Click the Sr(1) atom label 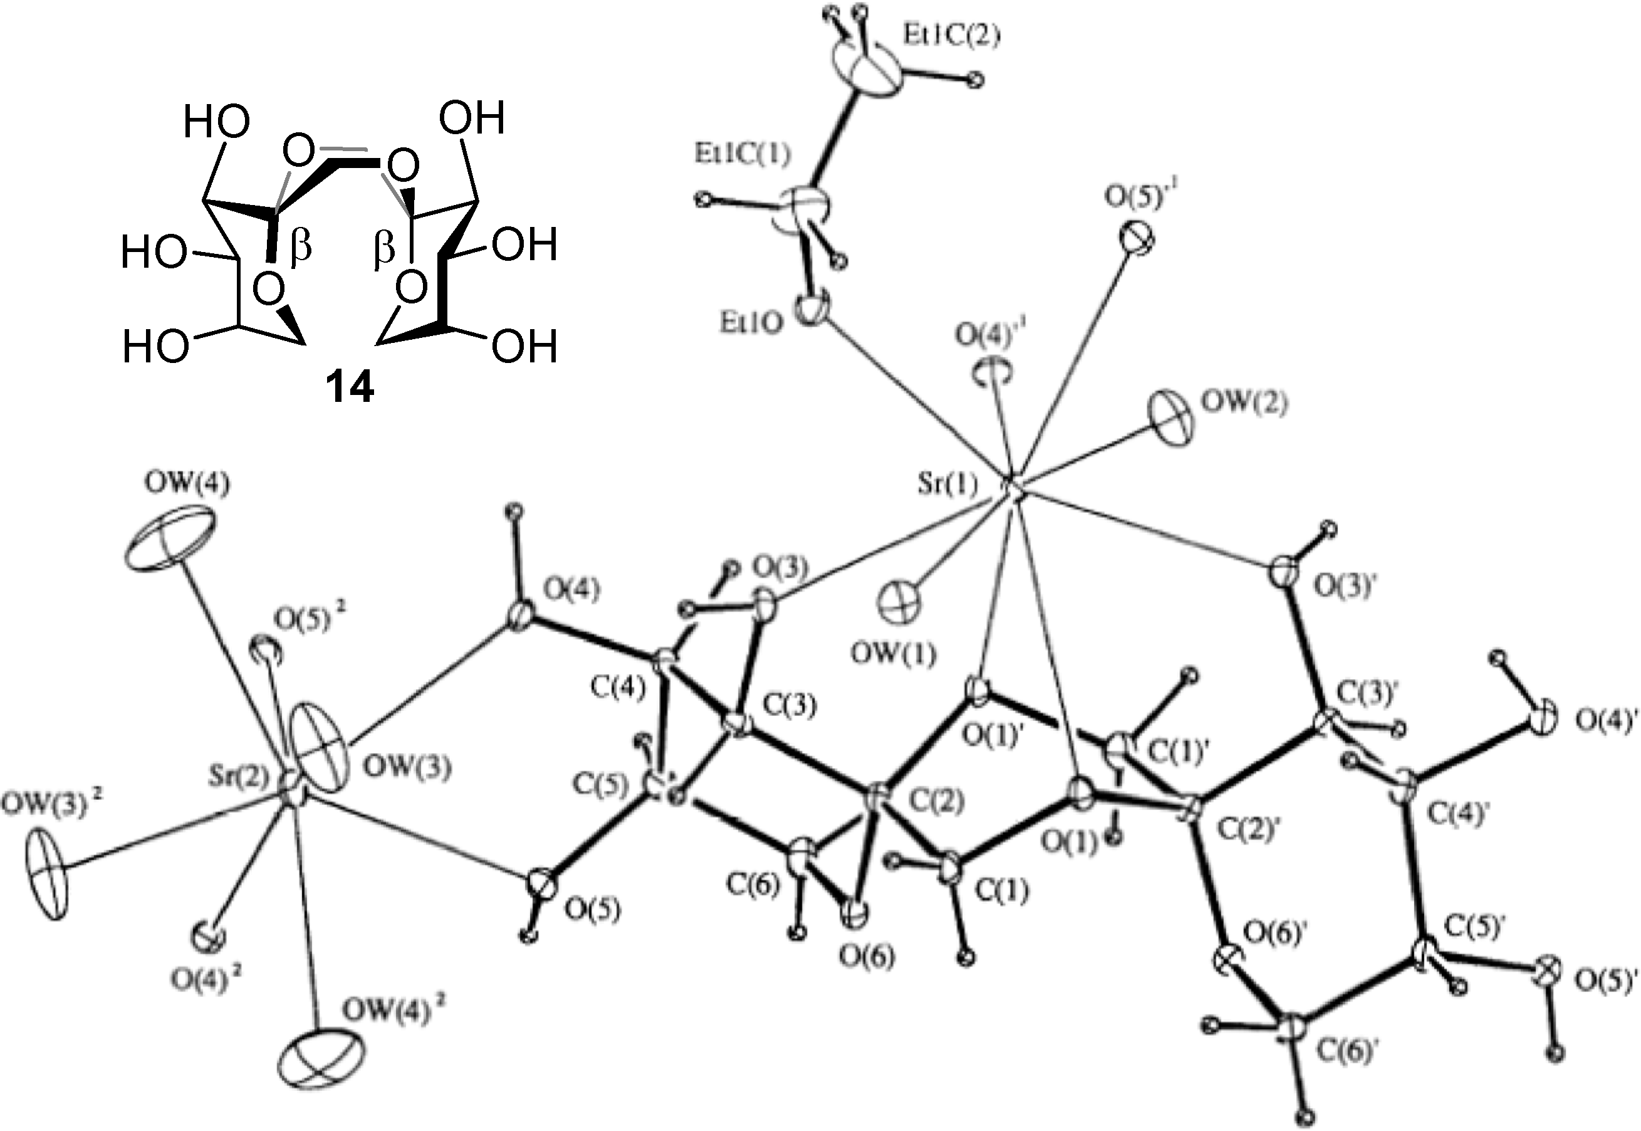[947, 486]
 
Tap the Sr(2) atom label [241, 778]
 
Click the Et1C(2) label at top [951, 36]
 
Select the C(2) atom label [936, 801]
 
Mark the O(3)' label [1344, 587]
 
